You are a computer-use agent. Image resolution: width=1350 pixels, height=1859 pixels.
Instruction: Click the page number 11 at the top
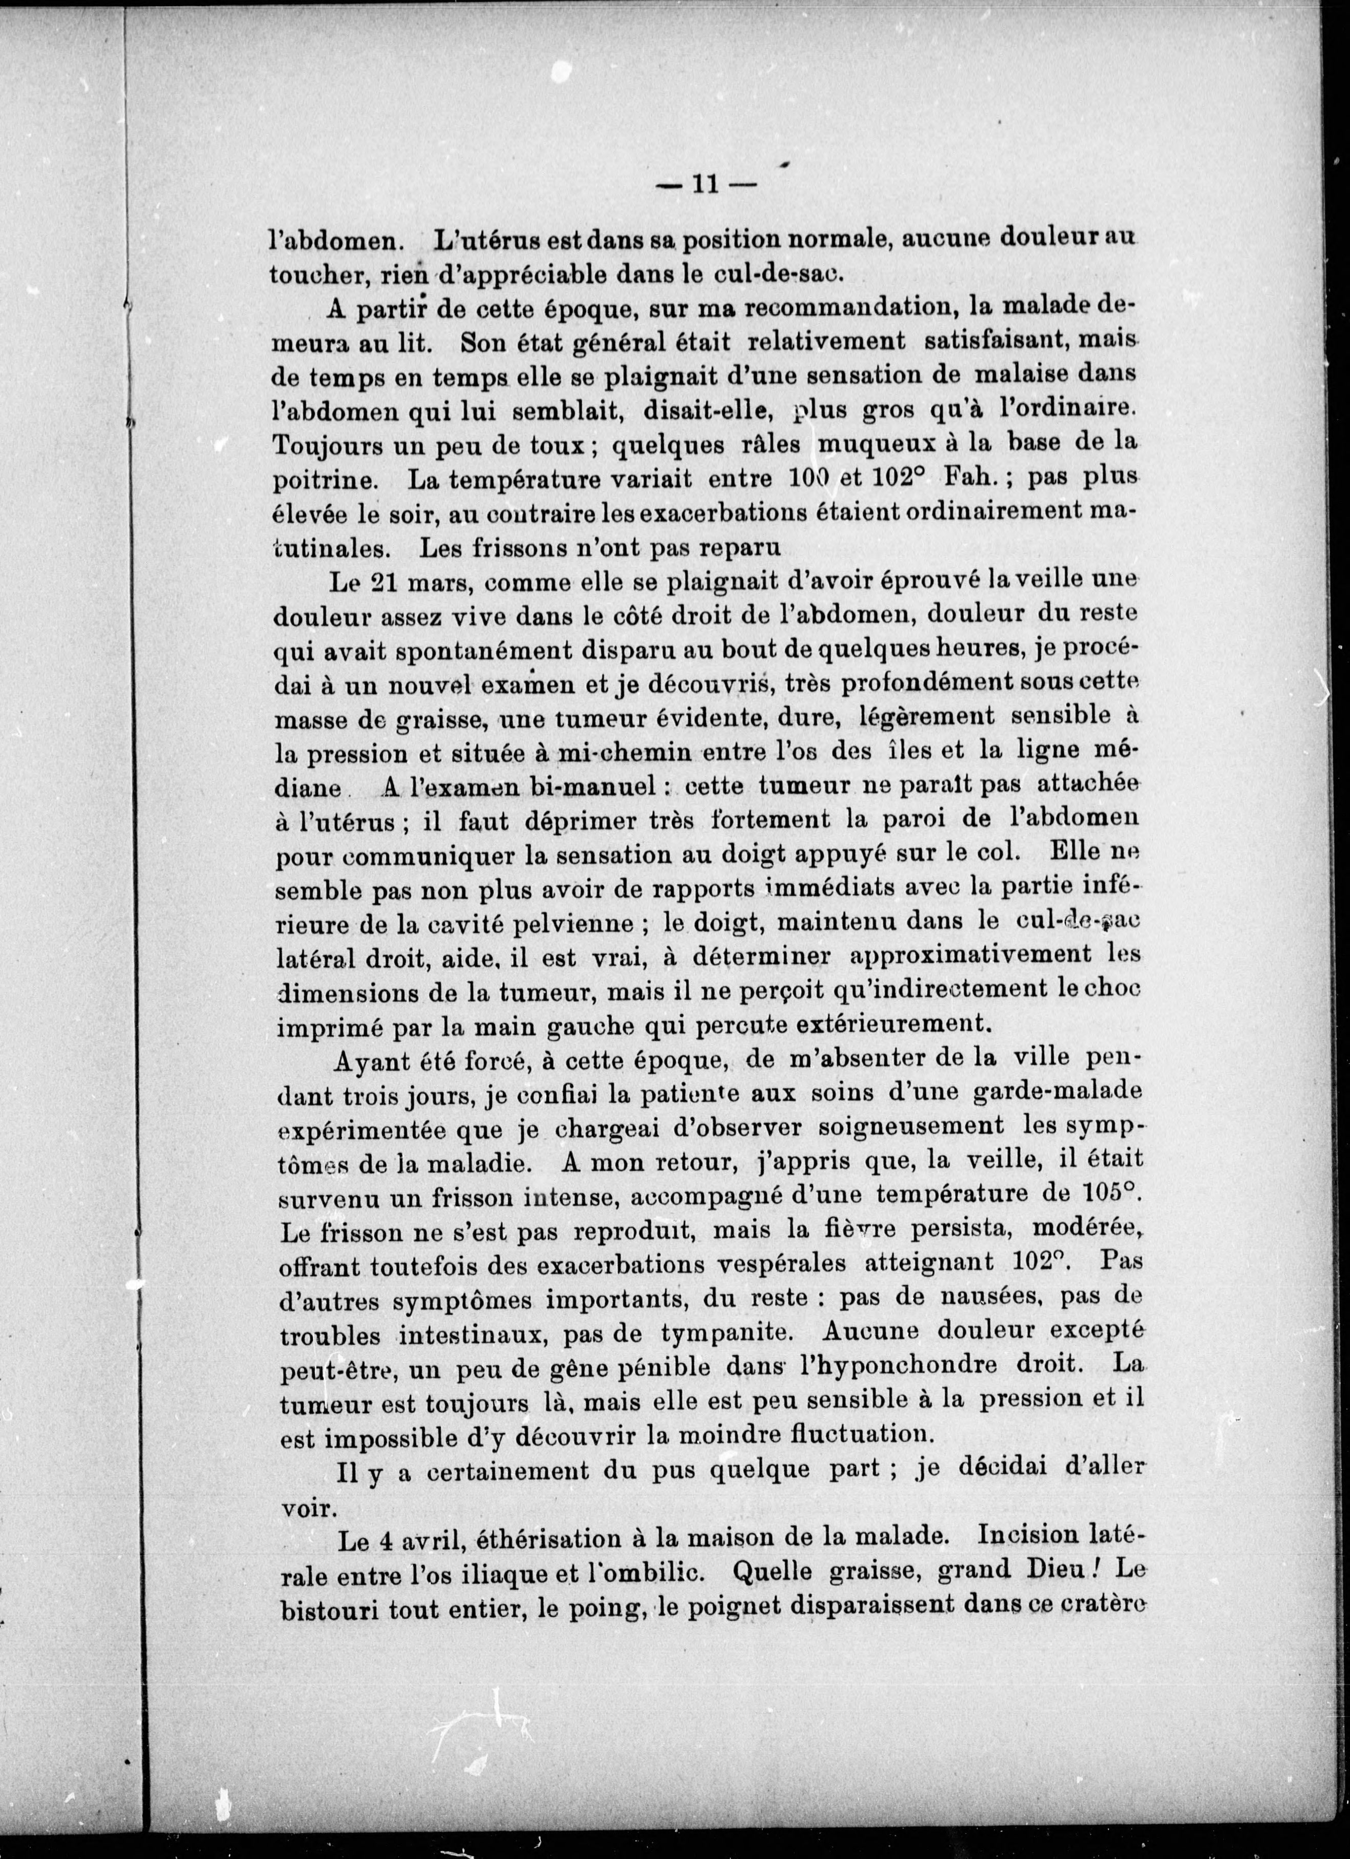[705, 185]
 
